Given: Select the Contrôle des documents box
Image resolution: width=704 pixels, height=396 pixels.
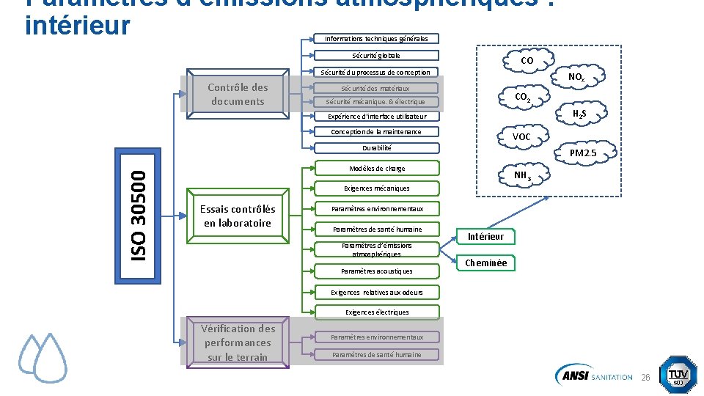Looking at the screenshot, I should tap(238, 94).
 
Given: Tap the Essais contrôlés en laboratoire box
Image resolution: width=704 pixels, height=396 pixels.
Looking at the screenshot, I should tap(238, 216).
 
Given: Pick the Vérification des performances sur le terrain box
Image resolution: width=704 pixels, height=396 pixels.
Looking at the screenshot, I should tap(238, 342).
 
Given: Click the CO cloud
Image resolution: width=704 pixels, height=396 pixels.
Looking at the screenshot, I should tap(527, 61).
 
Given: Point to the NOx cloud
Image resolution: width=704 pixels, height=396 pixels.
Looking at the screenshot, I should tap(576, 77).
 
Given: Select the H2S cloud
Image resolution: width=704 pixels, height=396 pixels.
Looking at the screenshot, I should tap(579, 114).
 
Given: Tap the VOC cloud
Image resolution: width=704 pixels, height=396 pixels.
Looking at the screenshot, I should tap(521, 137).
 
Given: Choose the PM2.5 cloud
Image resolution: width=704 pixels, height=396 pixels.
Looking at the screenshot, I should tap(583, 153).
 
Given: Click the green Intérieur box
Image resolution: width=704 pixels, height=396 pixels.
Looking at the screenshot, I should tap(485, 236).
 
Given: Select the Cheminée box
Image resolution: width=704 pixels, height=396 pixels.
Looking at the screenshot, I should tap(485, 263).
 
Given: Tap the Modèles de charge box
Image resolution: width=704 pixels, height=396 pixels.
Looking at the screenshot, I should tap(377, 169).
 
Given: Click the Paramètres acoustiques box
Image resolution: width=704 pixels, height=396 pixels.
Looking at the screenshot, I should tap(377, 271).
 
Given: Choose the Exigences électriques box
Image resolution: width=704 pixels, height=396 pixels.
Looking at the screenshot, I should tap(377, 312).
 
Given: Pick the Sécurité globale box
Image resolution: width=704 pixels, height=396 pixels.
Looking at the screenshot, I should tap(376, 55).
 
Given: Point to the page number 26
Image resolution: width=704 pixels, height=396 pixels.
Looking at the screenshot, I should tap(646, 377).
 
